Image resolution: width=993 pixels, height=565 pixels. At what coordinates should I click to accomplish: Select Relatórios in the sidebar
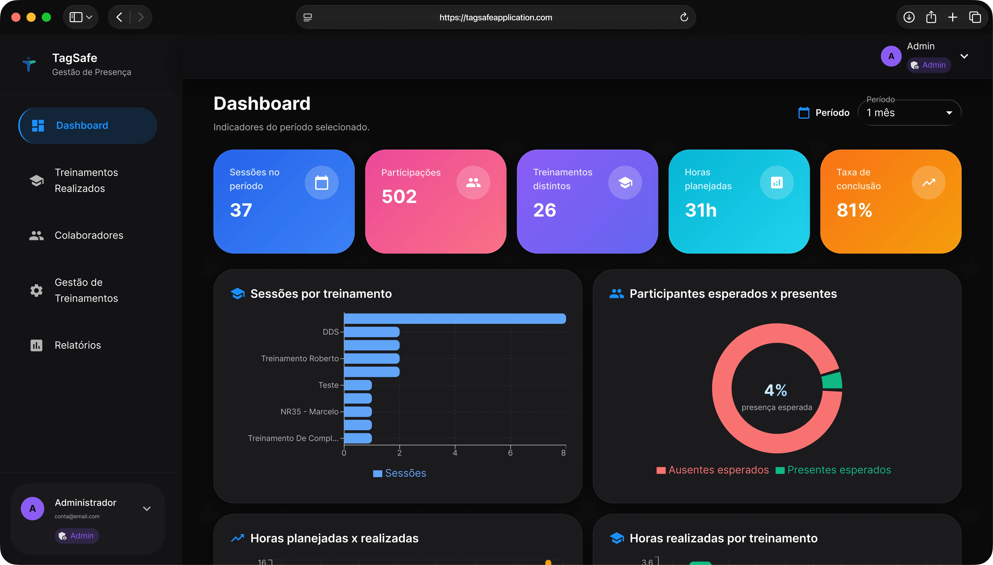point(78,345)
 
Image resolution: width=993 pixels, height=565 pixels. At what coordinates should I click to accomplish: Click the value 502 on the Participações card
point(399,196)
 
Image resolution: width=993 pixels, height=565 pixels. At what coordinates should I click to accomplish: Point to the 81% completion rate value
point(854,210)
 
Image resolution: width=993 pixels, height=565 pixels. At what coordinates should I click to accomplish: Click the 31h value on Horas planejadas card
point(701,210)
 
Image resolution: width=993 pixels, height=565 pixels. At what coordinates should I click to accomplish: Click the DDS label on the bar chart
point(330,332)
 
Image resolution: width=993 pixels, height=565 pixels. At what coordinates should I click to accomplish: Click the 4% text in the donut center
point(776,390)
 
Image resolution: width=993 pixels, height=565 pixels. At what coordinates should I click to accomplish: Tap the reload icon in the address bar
point(684,17)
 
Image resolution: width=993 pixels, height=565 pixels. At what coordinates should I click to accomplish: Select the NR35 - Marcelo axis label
point(309,412)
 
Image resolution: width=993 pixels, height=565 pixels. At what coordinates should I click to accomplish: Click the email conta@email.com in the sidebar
point(77,517)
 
